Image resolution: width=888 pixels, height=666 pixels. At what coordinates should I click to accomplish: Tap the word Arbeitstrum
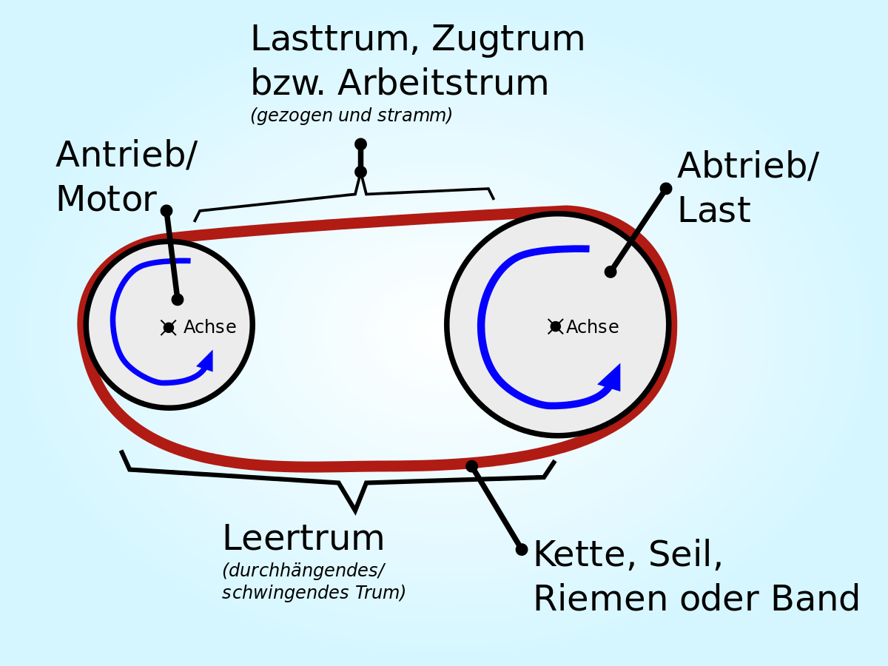pos(443,84)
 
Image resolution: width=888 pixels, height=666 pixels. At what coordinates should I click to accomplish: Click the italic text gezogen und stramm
pos(351,115)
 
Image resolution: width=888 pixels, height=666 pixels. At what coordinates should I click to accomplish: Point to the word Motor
pos(106,200)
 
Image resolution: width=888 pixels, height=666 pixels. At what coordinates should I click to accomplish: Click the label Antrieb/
pos(127,155)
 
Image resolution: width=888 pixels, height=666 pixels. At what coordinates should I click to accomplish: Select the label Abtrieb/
pos(747,166)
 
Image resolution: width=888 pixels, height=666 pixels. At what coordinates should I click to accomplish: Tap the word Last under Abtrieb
pos(713,211)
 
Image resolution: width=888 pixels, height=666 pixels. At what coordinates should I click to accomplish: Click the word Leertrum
pos(303,539)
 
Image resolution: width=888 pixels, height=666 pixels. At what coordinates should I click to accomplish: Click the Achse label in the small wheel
pos(210,327)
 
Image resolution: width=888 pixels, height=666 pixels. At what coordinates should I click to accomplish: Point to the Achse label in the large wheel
pos(593,327)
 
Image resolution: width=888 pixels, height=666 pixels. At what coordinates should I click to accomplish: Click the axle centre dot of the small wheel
pos(169,328)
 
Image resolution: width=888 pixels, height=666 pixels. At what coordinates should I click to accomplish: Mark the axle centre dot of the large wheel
pos(556,326)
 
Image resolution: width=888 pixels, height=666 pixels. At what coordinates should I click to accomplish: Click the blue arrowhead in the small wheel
pos(206,361)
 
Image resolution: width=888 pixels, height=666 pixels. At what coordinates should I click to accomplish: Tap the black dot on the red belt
pos(471,466)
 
